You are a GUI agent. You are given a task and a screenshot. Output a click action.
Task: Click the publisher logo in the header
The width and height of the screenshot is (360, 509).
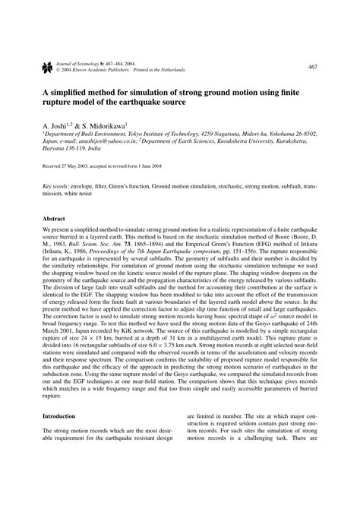(36, 69)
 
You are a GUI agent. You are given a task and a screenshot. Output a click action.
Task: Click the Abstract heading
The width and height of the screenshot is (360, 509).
(55, 219)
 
